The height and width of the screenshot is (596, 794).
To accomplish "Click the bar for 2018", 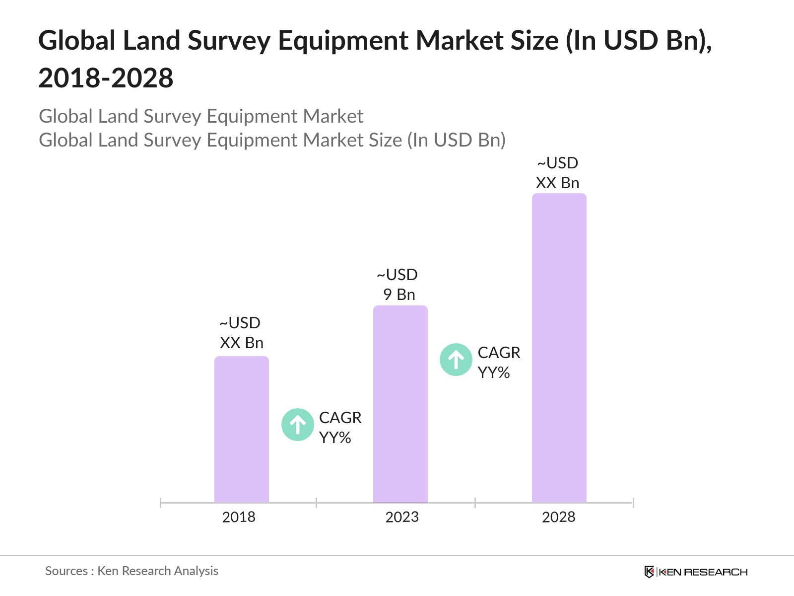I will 241,430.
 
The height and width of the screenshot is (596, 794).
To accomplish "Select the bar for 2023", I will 400,404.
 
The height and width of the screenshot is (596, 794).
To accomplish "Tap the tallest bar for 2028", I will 559,348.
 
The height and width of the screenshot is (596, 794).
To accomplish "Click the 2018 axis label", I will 239,517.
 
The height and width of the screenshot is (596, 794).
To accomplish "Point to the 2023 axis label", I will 402,517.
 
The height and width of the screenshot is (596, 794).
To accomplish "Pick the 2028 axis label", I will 558,517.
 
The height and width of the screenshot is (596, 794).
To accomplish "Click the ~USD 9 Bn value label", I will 398,285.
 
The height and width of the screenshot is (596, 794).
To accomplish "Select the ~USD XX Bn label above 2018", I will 241,333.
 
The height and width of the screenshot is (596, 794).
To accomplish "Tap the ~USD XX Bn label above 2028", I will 558,173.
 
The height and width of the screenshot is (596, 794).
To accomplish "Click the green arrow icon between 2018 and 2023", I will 297,425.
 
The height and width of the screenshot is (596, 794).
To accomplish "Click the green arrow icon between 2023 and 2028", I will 456,360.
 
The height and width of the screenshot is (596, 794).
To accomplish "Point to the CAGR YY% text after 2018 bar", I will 340,428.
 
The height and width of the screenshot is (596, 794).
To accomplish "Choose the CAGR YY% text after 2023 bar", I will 498,363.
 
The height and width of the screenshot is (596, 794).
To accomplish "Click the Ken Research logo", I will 696,572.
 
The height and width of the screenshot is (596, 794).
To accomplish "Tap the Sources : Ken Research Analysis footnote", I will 132,571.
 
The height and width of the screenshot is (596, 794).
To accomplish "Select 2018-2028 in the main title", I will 106,78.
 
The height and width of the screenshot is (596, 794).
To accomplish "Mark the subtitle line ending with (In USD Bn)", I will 272,140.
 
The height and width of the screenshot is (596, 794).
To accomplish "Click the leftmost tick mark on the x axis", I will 161,503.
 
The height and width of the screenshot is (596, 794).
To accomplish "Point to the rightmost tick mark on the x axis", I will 633,503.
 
